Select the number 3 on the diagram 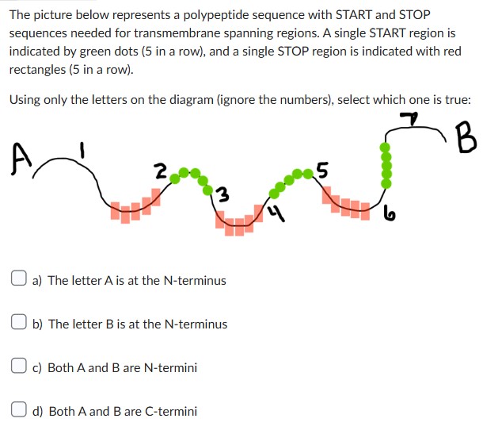225,194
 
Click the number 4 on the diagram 272,213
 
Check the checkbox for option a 18,279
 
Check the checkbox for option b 18,323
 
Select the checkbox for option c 18,367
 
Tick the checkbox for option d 18,410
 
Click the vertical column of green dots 386,167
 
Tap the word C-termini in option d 169,411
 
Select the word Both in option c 61,367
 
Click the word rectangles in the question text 34,68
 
